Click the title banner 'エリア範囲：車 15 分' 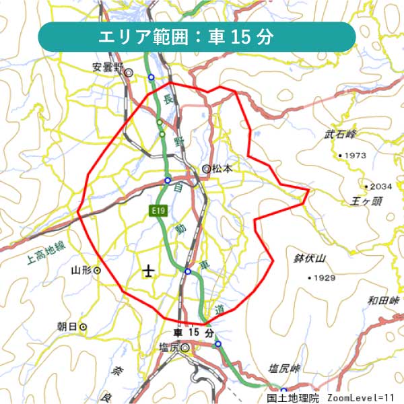tap(197, 36)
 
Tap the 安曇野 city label tap(108, 67)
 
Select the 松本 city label tap(222, 169)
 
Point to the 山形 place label tap(81, 270)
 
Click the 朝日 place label tap(67, 327)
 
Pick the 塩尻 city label tap(169, 347)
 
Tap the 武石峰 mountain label tap(339, 135)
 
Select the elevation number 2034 tap(380, 186)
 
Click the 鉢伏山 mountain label tap(310, 258)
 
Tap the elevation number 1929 tap(324, 277)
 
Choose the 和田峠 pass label tap(384, 300)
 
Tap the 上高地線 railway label tap(47, 252)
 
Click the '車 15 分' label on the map tap(194, 333)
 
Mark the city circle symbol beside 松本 tap(206, 169)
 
